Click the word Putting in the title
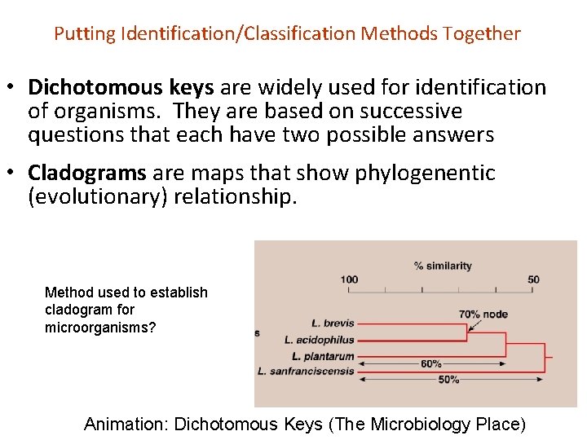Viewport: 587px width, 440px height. tap(85, 34)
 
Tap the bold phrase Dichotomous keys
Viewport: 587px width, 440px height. tap(121, 87)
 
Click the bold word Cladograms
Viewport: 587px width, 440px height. tap(87, 173)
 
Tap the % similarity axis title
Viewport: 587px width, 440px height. tap(442, 266)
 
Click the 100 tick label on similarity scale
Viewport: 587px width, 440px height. tap(349, 279)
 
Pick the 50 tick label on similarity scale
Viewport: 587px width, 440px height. tap(533, 279)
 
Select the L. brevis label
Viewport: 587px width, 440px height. tap(333, 323)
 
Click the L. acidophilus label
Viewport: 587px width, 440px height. tap(320, 340)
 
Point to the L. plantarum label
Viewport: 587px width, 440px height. tap(323, 356)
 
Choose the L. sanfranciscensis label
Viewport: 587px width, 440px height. tap(306, 372)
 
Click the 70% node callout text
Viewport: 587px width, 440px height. tap(483, 314)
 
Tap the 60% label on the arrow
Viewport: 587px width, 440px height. tap(431, 364)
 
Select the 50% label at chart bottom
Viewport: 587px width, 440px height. tap(448, 380)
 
